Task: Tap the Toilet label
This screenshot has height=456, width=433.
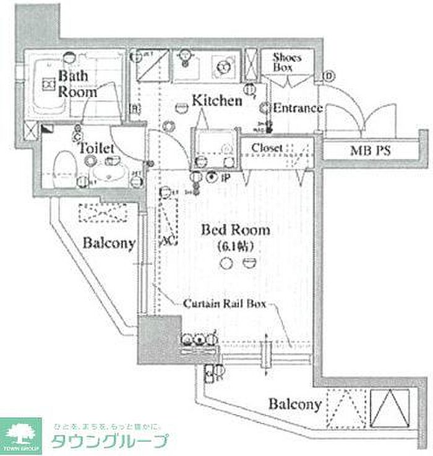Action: [96, 149]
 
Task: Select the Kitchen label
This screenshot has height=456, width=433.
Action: [216, 100]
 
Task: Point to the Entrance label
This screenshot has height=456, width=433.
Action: [298, 108]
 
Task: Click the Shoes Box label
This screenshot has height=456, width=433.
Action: [288, 62]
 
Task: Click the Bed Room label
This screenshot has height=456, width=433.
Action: [236, 230]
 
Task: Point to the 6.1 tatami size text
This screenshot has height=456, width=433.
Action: [236, 246]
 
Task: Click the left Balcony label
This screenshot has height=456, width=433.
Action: [109, 243]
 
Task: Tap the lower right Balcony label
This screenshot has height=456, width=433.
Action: [294, 405]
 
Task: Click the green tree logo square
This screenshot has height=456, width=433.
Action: [21, 436]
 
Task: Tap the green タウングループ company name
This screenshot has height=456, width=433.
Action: [109, 442]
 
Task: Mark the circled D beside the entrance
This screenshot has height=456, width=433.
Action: [328, 77]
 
